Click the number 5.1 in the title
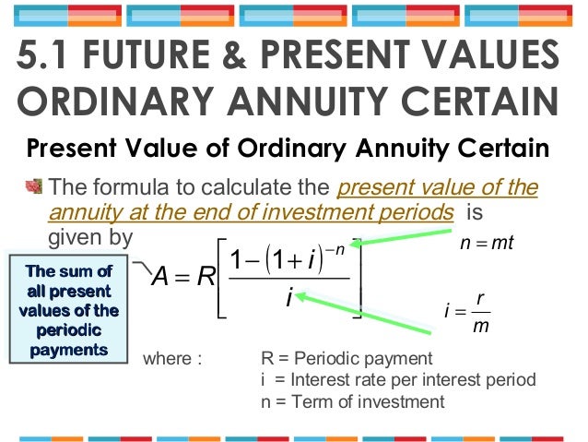[45, 56]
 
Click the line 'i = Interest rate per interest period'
[398, 380]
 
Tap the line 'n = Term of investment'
[353, 401]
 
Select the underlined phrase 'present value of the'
[438, 189]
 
